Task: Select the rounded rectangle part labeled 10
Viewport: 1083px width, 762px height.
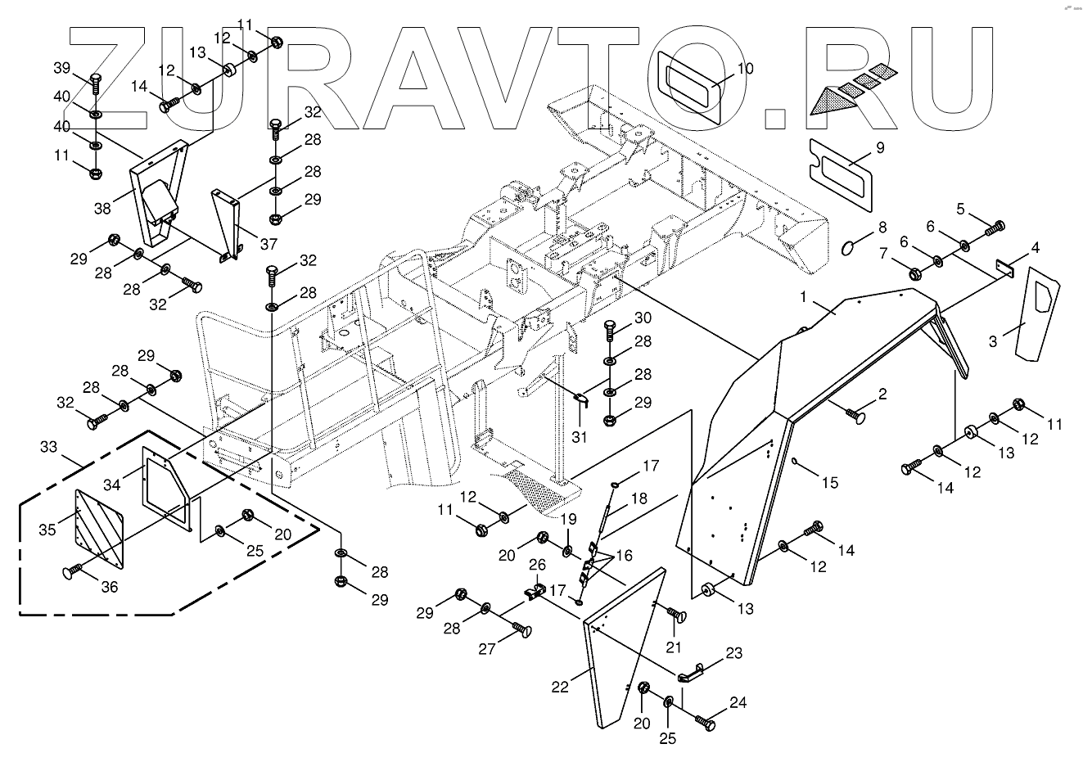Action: point(690,86)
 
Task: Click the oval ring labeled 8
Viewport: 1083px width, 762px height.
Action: point(852,246)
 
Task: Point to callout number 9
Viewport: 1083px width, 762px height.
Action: point(858,148)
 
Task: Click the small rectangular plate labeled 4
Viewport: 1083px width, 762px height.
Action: point(1004,267)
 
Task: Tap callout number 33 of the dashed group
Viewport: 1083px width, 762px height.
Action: point(48,448)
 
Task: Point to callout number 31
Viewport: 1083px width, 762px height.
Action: point(580,438)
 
